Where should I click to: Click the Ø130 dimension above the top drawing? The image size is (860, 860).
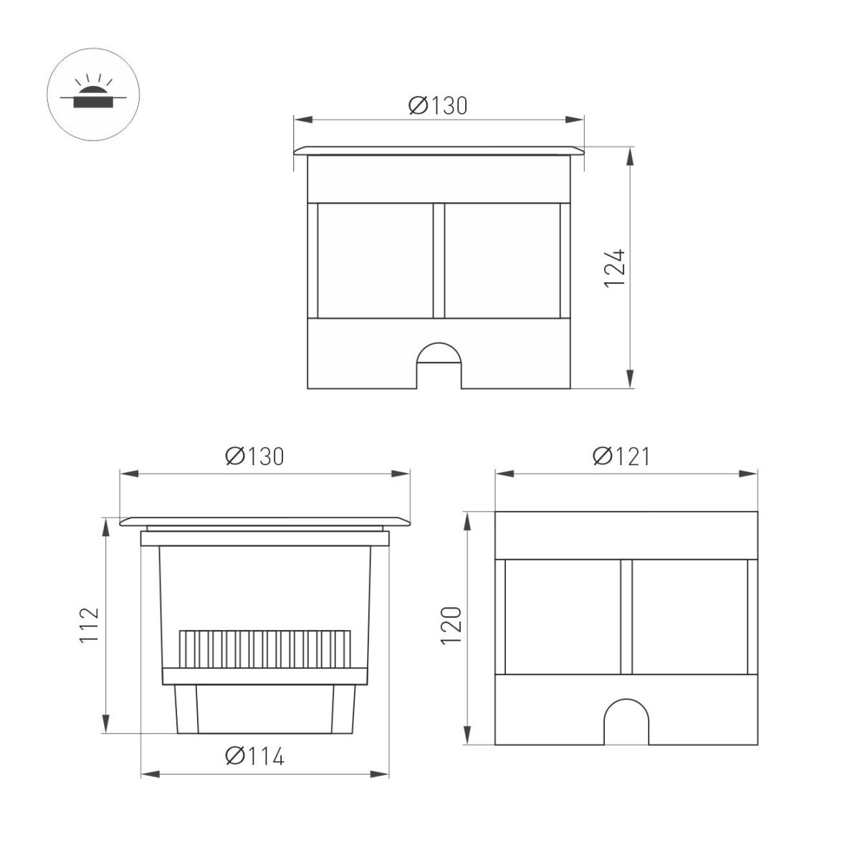point(438,106)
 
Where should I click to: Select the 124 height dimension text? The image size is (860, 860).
point(615,268)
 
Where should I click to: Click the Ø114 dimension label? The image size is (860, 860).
point(254,756)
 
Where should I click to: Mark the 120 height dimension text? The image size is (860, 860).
point(451,625)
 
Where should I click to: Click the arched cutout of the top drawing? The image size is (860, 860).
point(439,365)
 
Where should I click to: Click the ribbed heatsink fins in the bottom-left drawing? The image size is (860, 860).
point(265,649)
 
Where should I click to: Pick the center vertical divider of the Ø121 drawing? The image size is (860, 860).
point(626,616)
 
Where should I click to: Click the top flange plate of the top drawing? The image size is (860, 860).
point(439,150)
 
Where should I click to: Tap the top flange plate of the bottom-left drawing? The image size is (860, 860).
point(265,521)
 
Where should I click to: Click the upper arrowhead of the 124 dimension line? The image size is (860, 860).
point(629,155)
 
